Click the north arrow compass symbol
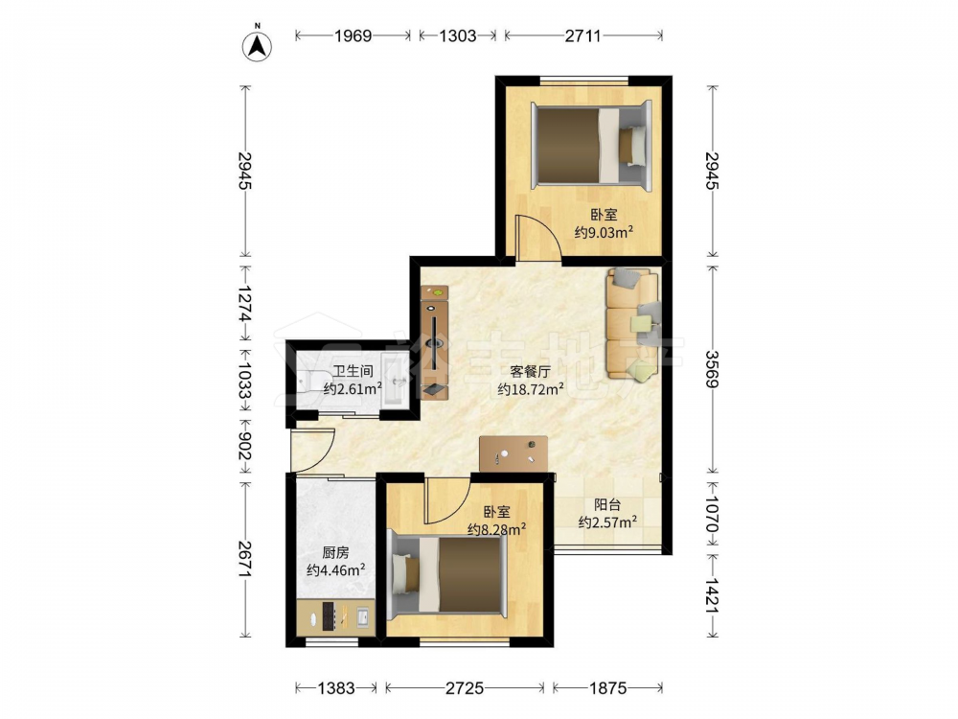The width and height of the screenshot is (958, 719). pos(257,44)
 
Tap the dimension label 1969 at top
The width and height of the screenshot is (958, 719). pos(353,36)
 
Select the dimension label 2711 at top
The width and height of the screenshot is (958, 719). pos(582,36)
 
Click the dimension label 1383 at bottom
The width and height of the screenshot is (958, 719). pos(336,688)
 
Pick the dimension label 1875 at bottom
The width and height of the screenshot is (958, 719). pos(608,688)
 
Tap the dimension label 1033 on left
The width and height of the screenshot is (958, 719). pos(245,380)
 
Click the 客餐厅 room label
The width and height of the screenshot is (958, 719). pos(531,372)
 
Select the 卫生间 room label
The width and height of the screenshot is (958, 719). pos(353,371)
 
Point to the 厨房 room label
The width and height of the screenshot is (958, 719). pos(335,553)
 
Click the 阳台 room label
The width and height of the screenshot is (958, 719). pos(608,505)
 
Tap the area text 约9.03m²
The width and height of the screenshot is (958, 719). pos(603,232)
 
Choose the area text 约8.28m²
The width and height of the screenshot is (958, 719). pos(496,529)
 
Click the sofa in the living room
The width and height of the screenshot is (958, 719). pos(633,325)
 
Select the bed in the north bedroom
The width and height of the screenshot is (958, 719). pos(591,146)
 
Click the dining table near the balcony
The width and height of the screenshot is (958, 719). pos(513,453)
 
